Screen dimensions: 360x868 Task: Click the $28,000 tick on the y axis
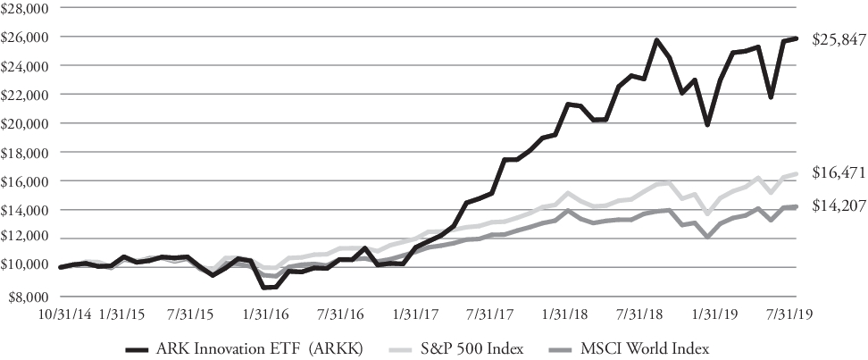pos(27,8)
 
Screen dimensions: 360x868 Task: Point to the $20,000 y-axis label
pos(27,123)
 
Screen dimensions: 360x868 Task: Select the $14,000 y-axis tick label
pos(27,210)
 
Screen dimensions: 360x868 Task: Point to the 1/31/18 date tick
pos(558,315)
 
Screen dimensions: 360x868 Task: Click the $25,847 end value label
pos(838,40)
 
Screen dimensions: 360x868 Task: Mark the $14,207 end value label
pos(838,205)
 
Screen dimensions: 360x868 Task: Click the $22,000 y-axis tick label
pos(27,95)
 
